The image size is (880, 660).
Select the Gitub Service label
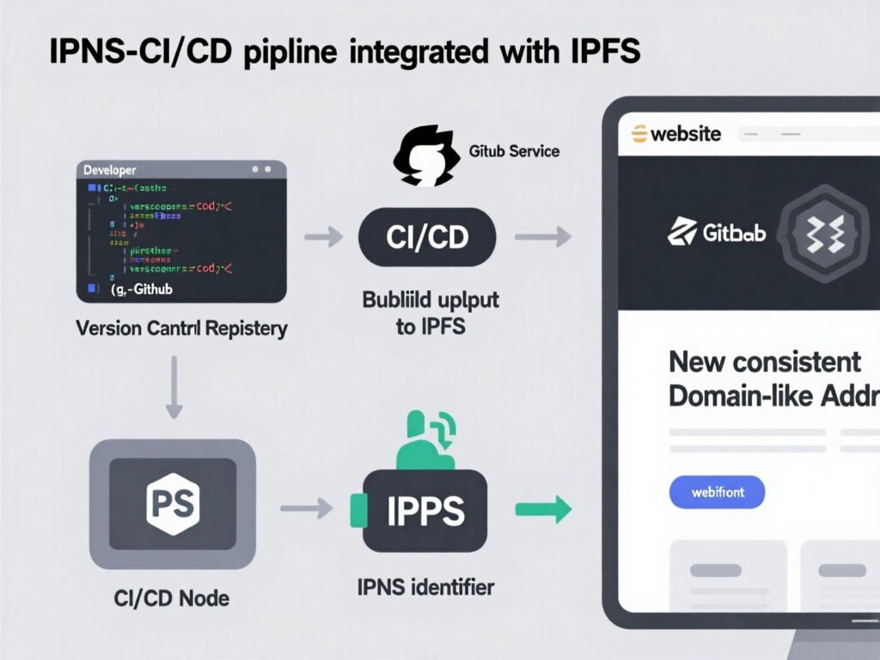[x=514, y=151]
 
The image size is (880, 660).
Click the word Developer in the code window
[x=109, y=171]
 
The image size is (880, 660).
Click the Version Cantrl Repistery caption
[x=181, y=328]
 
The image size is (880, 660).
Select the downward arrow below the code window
[x=174, y=388]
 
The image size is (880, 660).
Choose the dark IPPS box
[x=425, y=510]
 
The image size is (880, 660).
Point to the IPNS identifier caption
[x=425, y=588]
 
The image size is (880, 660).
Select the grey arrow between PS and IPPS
[x=307, y=509]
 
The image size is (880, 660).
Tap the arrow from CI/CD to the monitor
[x=543, y=236]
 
